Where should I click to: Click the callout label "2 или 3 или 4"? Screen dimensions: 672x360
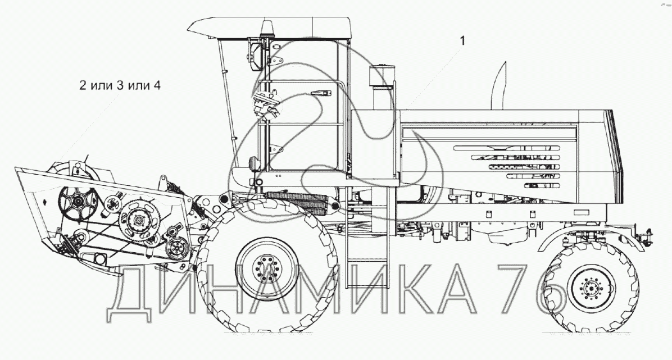[120, 85]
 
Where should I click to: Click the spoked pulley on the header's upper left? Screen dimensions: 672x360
[79, 200]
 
